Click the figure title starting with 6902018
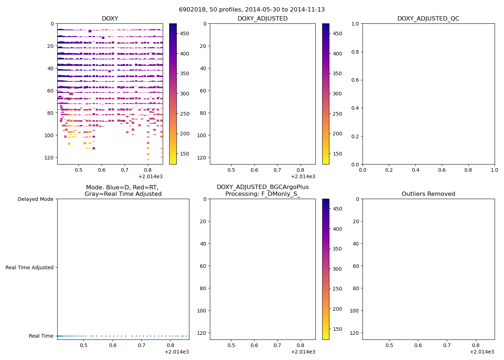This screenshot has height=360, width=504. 252,10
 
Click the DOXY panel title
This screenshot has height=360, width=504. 110,19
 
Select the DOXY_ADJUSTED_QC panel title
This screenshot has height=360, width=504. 428,19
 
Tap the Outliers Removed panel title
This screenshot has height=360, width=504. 428,194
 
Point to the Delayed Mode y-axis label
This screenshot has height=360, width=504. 35,199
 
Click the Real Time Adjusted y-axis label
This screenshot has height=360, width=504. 30,267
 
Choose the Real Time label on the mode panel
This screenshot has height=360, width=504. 41,336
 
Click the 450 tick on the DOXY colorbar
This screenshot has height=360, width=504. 184,33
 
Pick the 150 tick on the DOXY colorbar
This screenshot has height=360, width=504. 184,154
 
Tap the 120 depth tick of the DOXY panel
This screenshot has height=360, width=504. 50,158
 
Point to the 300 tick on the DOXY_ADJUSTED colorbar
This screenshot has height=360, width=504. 337,94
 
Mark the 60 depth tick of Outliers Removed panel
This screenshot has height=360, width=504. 356,266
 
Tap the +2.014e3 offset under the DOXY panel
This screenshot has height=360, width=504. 150,176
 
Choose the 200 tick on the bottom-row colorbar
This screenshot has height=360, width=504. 337,309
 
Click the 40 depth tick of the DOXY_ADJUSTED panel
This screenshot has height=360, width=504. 202,68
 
